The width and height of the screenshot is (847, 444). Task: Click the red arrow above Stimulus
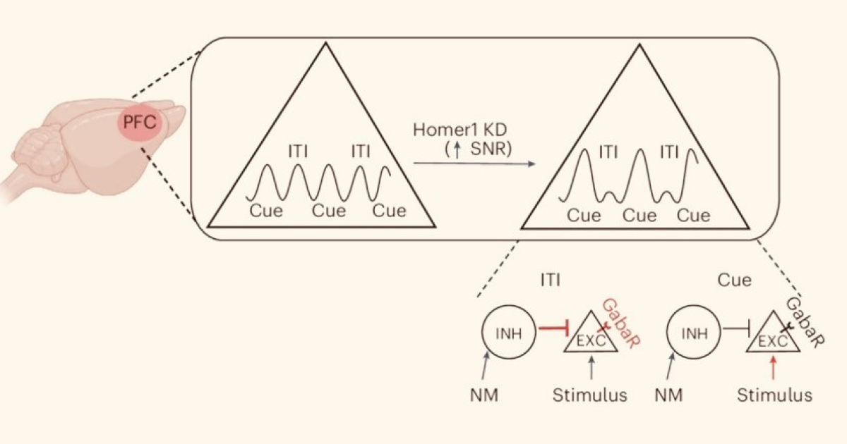774,367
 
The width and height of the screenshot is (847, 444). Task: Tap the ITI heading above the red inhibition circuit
550,280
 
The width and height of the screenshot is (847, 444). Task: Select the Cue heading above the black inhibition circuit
734,280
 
